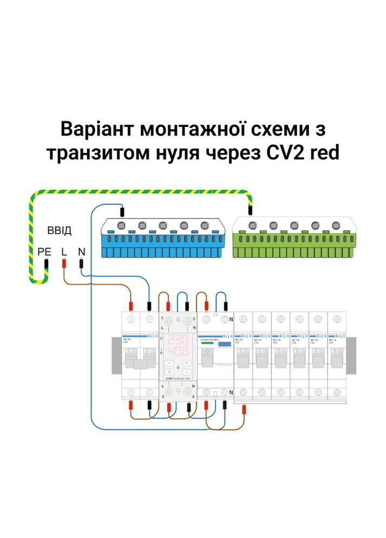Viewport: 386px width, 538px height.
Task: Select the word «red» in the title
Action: [323, 153]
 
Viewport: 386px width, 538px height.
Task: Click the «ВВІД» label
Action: [59, 231]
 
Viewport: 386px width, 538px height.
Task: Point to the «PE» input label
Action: [44, 252]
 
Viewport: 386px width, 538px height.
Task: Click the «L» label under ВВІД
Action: [64, 252]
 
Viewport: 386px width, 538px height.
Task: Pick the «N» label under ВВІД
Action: [81, 252]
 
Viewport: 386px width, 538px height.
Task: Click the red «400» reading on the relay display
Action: [178, 351]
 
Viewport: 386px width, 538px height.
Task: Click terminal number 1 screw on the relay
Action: [168, 321]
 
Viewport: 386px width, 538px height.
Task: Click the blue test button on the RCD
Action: [222, 344]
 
